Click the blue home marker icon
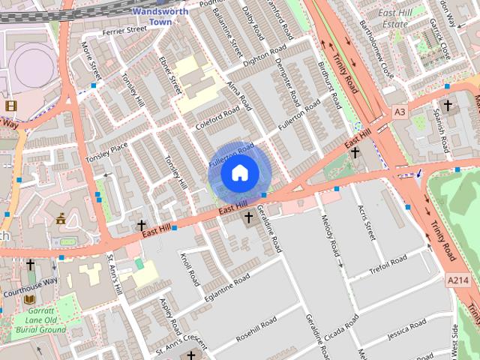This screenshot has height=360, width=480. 238,172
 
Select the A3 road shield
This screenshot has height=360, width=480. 400,112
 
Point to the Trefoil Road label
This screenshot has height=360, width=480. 388,265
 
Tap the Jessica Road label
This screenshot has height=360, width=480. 407,328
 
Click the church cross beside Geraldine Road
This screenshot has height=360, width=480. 248,217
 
